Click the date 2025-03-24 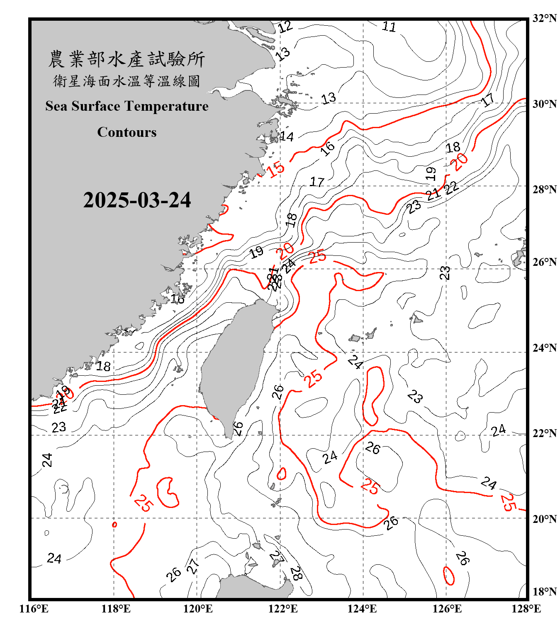[x=137, y=200]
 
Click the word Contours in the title [x=127, y=132]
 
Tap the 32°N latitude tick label [x=544, y=18]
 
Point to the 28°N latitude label [x=544, y=190]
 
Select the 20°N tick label [x=544, y=519]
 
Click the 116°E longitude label [x=34, y=609]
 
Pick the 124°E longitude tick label [x=362, y=609]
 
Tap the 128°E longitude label [x=526, y=609]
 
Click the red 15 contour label [x=275, y=169]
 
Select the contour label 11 [x=389, y=27]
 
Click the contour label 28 [x=296, y=573]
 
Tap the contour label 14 [x=286, y=136]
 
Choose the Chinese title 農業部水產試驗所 [x=127, y=59]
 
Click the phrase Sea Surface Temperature [x=127, y=107]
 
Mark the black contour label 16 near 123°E [x=328, y=148]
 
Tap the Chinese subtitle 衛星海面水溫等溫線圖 [x=127, y=81]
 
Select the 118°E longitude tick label [x=116, y=609]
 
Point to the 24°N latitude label [x=544, y=348]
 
